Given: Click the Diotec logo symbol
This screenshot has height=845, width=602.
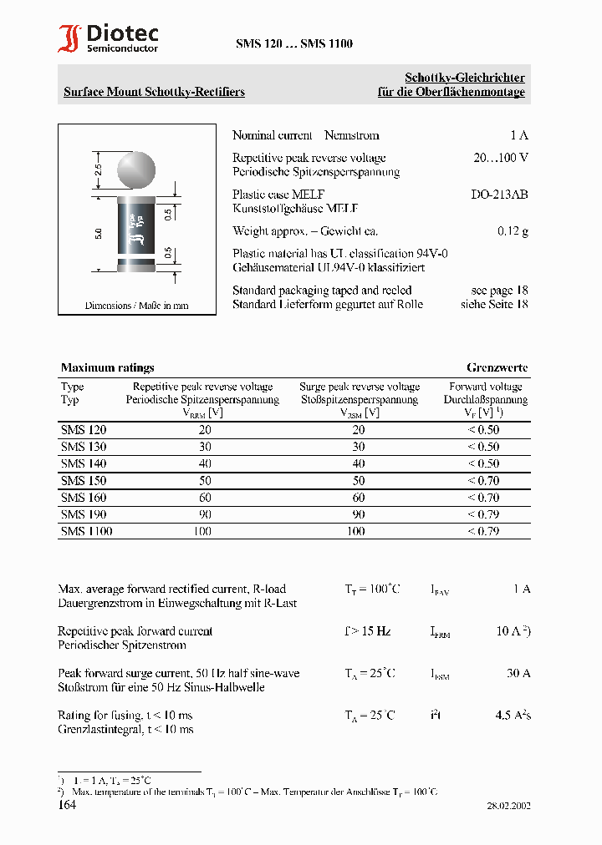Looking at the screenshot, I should coord(70,38).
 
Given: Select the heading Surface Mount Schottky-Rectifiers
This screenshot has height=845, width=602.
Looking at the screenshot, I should coord(154,92).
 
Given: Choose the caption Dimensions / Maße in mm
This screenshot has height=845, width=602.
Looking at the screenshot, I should coord(136,306).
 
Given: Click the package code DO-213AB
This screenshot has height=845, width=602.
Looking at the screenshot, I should coord(499,195).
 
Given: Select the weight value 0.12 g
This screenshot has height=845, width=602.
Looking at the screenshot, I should coord(513,231).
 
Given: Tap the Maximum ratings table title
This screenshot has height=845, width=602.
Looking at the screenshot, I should coord(107,367).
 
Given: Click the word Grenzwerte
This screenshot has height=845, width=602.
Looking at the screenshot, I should coord(497,367).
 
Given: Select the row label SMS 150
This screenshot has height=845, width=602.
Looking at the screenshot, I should coord(84,481).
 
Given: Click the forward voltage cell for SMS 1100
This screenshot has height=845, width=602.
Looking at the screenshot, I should coord(483,531).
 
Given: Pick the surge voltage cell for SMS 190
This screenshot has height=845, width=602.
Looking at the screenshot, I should coord(358,514).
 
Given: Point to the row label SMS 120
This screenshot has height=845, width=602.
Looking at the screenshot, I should coord(84,430).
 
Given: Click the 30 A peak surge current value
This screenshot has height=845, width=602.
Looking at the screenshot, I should coord(518,673).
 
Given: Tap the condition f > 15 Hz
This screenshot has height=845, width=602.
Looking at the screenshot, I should coord(367,631).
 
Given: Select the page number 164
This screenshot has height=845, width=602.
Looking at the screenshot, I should coord(67,805).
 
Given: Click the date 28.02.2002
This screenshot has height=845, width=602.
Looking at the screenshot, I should coord(508,807).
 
